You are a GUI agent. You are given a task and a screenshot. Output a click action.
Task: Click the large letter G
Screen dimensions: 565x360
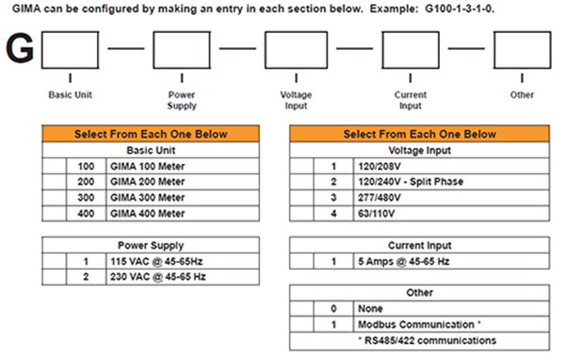20,48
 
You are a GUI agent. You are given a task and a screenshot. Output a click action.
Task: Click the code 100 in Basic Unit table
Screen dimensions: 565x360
86,166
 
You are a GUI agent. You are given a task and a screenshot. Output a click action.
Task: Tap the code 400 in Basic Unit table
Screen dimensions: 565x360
86,214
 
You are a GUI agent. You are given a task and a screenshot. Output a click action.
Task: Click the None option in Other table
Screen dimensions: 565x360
370,309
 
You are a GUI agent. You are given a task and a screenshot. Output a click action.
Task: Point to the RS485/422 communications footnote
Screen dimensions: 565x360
428,340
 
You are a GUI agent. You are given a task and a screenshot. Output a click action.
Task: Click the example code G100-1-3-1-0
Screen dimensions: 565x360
460,8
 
